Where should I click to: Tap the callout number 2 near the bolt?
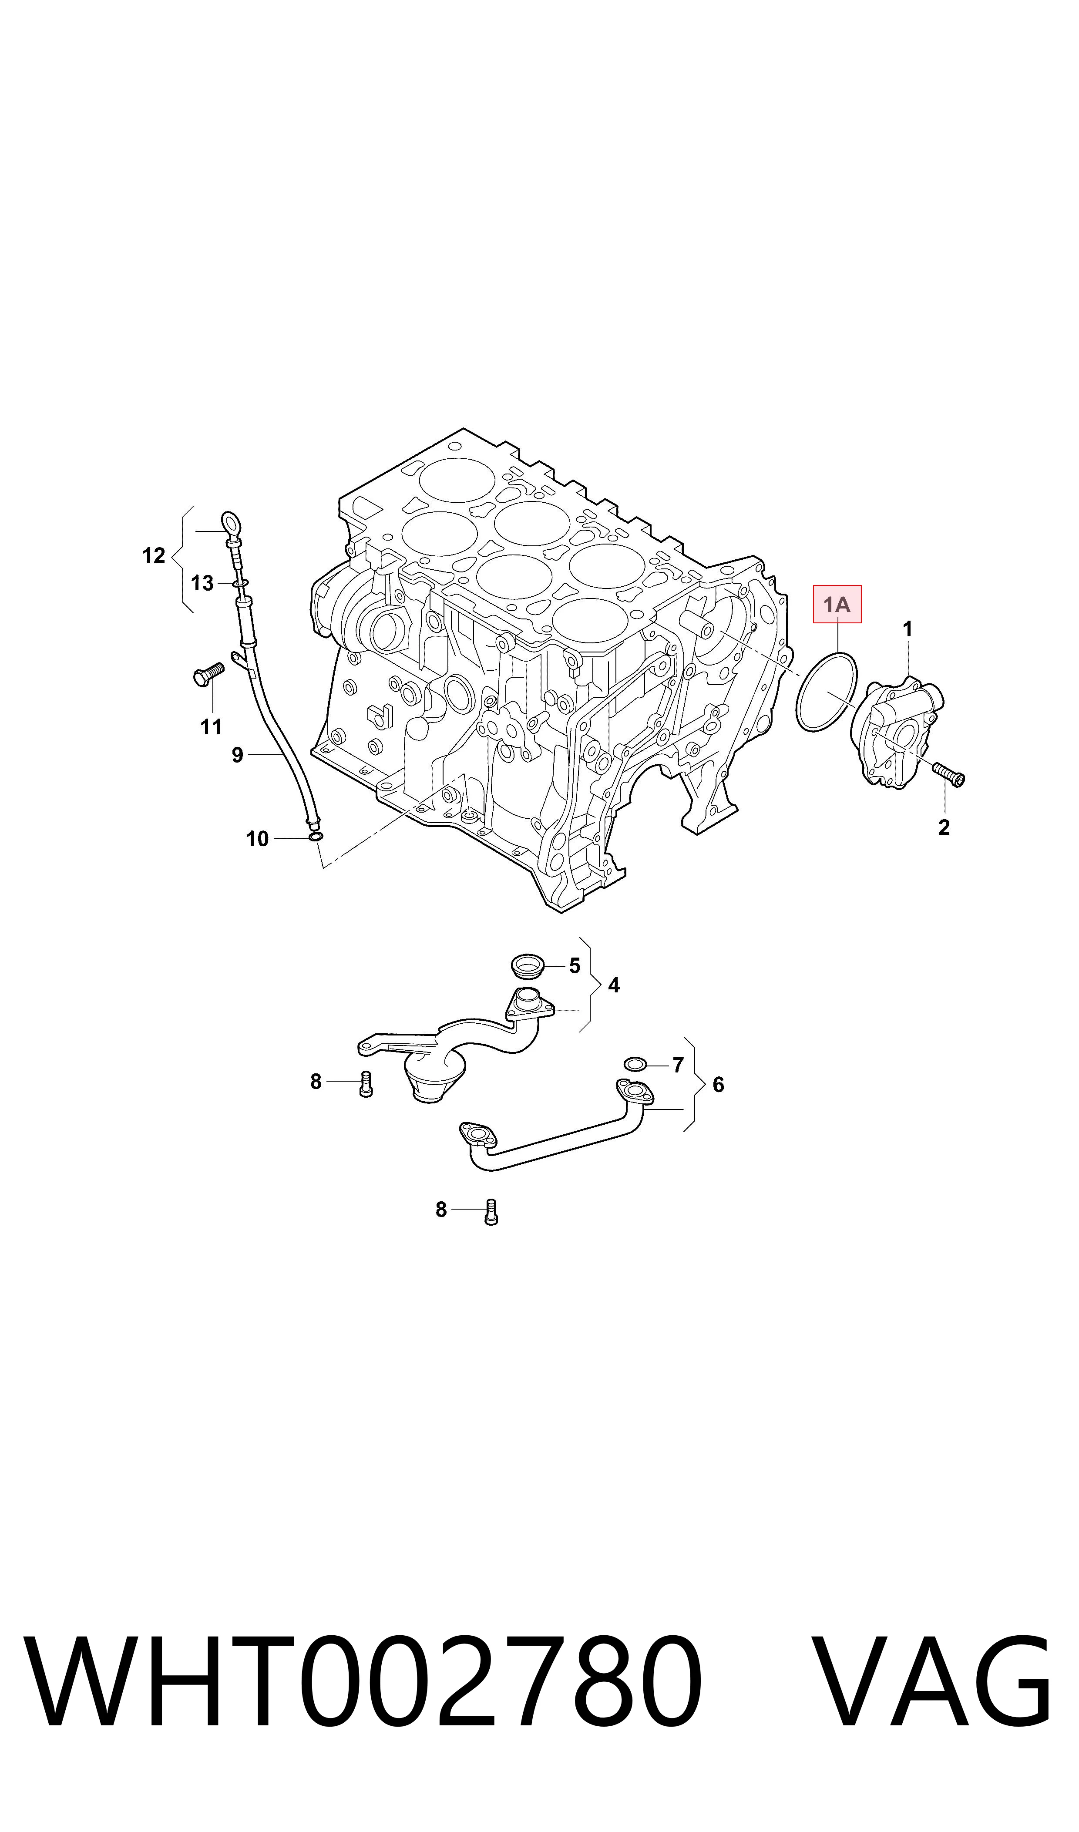tap(944, 827)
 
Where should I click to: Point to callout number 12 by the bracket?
tap(154, 556)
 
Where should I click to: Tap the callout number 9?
tap(237, 755)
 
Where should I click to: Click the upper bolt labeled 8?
tap(366, 1085)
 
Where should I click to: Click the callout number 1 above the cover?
tap(908, 629)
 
